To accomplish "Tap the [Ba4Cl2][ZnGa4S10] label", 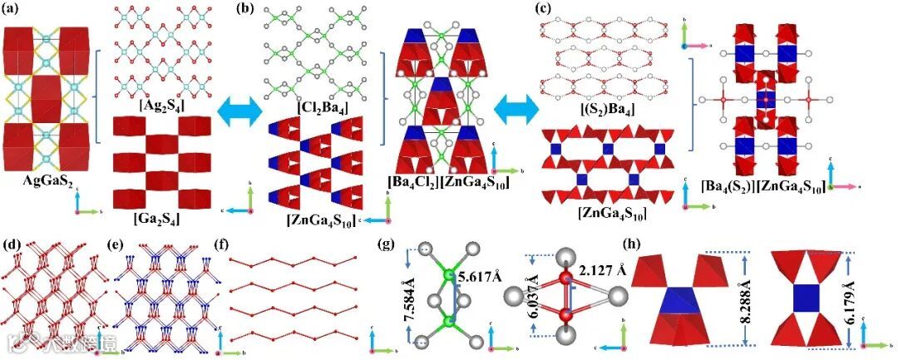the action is click(x=449, y=181).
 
